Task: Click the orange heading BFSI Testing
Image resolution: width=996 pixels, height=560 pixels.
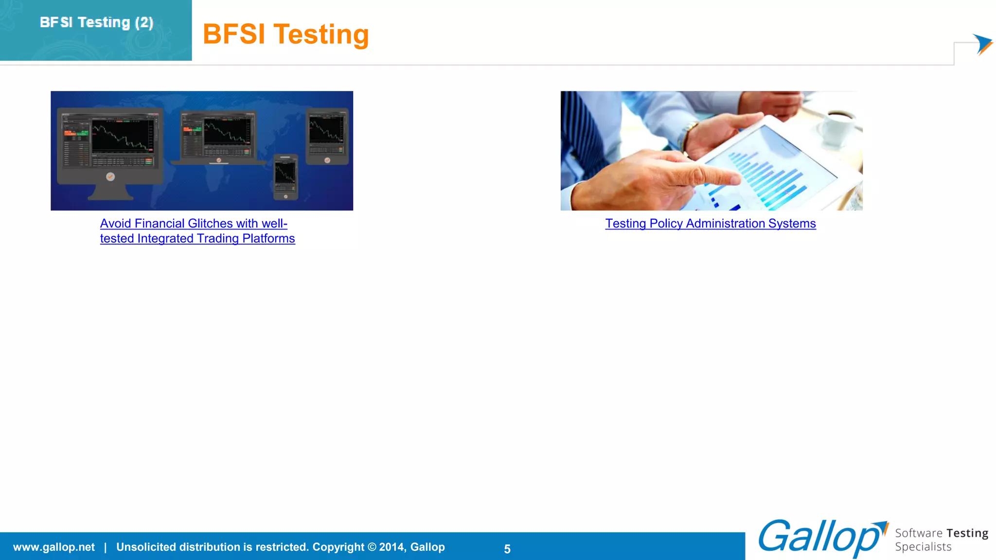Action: pyautogui.click(x=285, y=35)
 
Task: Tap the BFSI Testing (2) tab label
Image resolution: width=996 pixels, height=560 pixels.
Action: pyautogui.click(x=96, y=22)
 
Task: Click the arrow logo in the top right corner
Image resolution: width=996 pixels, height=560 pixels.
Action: pyautogui.click(x=982, y=44)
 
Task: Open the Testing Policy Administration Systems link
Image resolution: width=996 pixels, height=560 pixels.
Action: pyautogui.click(x=710, y=224)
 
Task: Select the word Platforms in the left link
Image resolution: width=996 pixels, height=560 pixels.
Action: pyautogui.click(x=268, y=239)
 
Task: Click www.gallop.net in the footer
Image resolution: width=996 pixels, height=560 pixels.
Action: pyautogui.click(x=54, y=547)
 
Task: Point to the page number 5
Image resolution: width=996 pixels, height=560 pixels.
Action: pyautogui.click(x=507, y=549)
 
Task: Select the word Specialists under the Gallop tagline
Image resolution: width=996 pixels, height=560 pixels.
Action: pyautogui.click(x=923, y=547)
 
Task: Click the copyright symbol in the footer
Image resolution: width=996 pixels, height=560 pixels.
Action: pyautogui.click(x=372, y=547)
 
